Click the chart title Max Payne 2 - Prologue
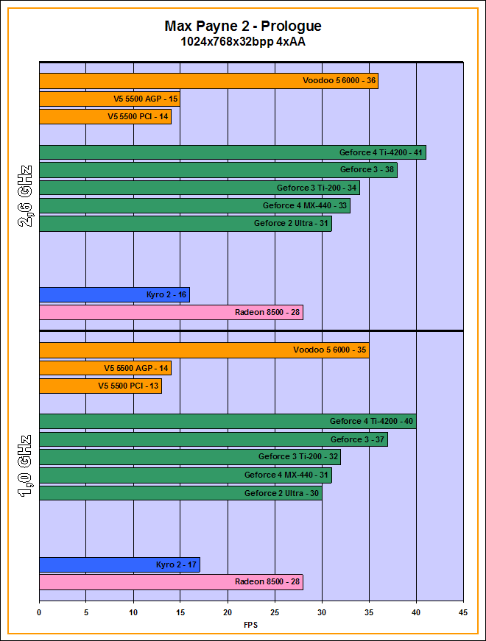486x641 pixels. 243,26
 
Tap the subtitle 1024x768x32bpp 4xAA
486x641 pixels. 243,42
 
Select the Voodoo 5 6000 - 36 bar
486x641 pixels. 208,81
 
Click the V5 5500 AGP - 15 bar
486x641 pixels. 109,99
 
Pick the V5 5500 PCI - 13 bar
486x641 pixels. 100,386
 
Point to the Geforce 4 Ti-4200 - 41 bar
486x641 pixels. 232,152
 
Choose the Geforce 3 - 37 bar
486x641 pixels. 213,439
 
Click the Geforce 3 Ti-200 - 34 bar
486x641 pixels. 199,188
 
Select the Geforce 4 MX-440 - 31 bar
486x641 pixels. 185,475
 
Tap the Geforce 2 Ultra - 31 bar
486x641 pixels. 185,223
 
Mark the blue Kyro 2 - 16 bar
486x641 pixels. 114,295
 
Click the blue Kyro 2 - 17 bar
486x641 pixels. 119,564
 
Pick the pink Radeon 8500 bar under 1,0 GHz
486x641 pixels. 171,582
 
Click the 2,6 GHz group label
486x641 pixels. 24,195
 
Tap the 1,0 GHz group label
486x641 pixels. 24,467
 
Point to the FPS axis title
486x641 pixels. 251,626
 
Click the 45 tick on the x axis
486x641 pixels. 463,612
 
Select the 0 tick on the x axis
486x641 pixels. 39,612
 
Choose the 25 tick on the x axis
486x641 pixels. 275,612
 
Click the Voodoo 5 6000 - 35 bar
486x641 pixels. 204,350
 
